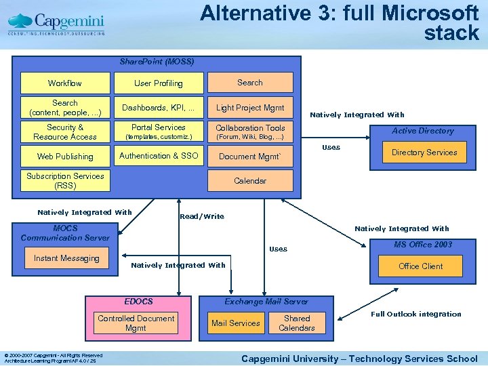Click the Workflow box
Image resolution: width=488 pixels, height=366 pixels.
tap(65, 83)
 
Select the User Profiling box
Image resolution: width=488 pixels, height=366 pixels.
tap(158, 83)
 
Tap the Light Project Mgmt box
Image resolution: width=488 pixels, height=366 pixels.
tap(250, 108)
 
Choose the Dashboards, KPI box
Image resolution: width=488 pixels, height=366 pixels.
tap(158, 108)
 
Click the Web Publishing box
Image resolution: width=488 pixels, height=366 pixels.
tap(65, 157)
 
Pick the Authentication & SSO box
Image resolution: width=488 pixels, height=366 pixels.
tap(158, 156)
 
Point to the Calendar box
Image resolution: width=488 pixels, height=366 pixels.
tap(250, 181)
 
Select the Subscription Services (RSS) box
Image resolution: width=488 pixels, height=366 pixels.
tap(65, 181)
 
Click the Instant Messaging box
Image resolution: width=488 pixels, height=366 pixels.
tap(66, 258)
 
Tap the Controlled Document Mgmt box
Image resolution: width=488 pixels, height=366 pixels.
tap(136, 323)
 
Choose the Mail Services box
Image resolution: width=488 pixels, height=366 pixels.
tap(235, 323)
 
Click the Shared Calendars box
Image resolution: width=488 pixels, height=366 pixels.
tap(297, 323)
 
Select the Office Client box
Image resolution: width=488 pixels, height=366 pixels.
tap(421, 266)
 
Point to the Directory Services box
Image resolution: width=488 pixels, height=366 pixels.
tap(424, 152)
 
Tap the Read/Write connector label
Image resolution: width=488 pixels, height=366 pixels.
tap(201, 217)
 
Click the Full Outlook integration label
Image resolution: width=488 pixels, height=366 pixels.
tap(416, 314)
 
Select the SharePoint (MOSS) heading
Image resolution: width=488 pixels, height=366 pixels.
tap(157, 62)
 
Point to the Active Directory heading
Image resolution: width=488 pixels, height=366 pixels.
tap(423, 131)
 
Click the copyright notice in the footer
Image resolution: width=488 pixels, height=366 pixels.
tap(53, 358)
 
